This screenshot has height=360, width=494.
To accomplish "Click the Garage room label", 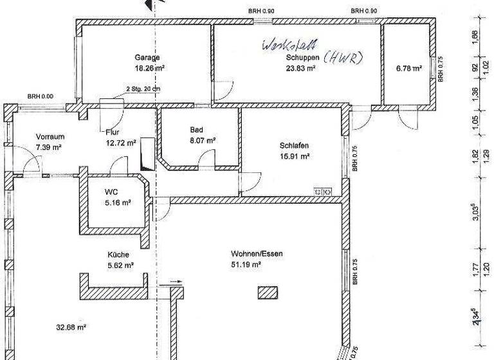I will tap(147, 57).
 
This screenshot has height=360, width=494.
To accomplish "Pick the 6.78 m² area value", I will tap(409, 67).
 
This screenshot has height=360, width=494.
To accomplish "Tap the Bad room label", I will tap(196, 129).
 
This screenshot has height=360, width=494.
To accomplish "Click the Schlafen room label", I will tap(295, 145).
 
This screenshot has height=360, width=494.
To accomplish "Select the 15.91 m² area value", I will tap(295, 155).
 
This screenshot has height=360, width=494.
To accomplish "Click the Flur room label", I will tap(113, 132).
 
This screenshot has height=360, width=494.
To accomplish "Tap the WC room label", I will tap(110, 192).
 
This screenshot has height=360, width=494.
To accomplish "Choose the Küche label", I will tap(118, 255).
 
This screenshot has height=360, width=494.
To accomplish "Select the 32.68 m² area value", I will tap(71, 327).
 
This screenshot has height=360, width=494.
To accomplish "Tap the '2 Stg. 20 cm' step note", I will tap(143, 88).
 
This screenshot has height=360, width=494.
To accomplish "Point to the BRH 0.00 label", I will tap(41, 96).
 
